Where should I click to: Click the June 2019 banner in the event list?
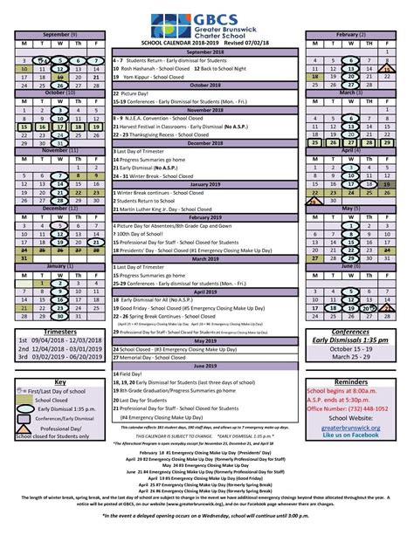click(206, 365)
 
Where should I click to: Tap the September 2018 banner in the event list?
click(206, 51)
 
